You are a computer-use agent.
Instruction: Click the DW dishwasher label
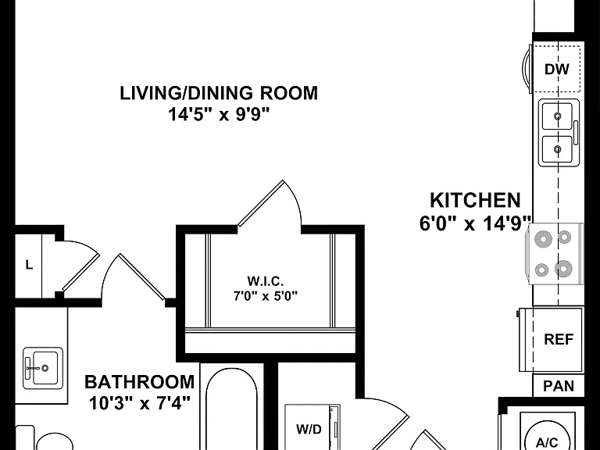click(557, 70)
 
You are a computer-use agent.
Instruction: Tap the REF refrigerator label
click(559, 339)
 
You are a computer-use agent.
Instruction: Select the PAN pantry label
click(559, 386)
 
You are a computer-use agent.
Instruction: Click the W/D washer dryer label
click(309, 430)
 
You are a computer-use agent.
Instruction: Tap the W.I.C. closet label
click(266, 281)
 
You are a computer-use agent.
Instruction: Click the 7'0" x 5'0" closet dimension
click(266, 296)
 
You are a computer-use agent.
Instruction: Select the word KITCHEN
click(475, 200)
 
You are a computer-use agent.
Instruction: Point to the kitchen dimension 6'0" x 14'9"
click(476, 223)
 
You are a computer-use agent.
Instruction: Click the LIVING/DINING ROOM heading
click(219, 94)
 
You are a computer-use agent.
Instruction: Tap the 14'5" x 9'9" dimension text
click(220, 114)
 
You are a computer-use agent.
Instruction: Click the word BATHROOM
click(140, 382)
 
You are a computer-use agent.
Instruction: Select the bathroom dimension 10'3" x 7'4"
click(140, 403)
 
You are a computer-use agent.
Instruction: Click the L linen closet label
click(29, 265)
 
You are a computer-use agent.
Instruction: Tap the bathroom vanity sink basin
click(45, 368)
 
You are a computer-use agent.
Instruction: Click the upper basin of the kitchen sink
click(558, 116)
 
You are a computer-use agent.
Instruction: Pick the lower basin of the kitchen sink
click(558, 149)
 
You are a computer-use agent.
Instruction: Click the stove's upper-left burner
click(543, 240)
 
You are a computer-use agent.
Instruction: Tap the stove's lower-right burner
click(563, 269)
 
